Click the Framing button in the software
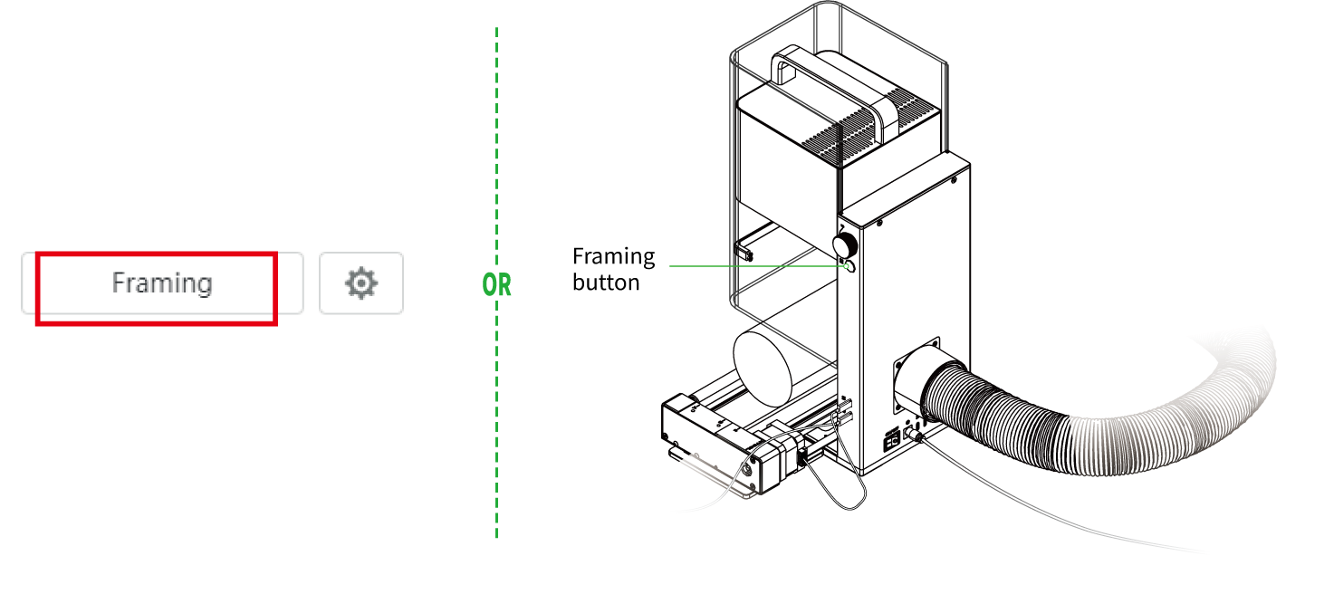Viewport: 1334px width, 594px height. (161, 283)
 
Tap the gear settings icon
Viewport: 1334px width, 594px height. (360, 283)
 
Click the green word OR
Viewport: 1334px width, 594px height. (496, 285)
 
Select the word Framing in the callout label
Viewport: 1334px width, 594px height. (613, 256)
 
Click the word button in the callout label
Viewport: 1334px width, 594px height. (606, 282)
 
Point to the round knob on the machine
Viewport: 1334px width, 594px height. (845, 244)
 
